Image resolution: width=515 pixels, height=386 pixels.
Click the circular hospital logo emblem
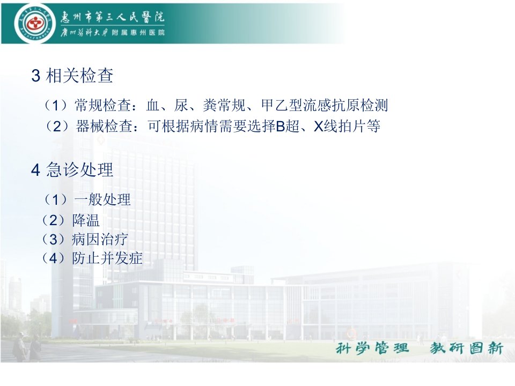click(33, 23)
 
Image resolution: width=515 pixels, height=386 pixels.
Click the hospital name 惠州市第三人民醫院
click(112, 17)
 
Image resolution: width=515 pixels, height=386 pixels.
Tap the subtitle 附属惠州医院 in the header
click(138, 33)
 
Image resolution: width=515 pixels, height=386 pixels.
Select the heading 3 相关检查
click(72, 76)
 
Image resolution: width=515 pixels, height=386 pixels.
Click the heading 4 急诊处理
click(72, 170)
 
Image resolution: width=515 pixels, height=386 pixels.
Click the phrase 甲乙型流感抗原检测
click(325, 106)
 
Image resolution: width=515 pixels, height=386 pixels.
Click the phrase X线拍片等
click(347, 126)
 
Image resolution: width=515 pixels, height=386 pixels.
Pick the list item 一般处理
click(102, 199)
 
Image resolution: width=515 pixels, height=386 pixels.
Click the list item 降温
click(86, 220)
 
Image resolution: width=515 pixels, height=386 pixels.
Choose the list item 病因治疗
click(100, 239)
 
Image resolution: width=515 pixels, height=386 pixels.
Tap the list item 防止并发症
click(107, 258)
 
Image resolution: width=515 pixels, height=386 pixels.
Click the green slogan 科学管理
click(372, 348)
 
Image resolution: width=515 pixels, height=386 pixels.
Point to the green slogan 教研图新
click(466, 348)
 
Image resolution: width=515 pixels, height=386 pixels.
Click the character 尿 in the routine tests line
click(181, 106)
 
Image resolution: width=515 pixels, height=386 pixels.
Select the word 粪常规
click(224, 106)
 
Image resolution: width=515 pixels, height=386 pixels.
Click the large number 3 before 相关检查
click(36, 76)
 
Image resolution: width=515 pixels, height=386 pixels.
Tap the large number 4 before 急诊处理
click(36, 170)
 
